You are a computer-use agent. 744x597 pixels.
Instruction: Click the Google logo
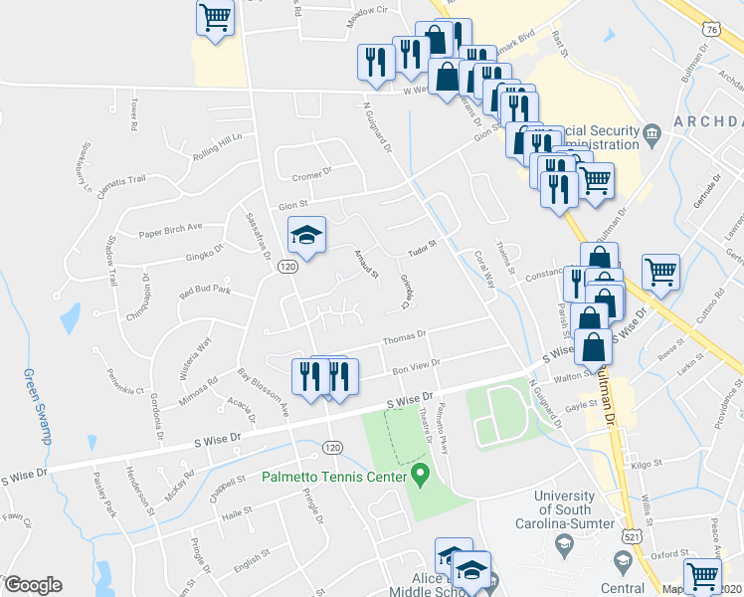point(33,585)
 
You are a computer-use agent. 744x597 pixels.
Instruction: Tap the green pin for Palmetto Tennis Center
point(421,476)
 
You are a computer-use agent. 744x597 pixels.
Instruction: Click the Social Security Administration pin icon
point(651,132)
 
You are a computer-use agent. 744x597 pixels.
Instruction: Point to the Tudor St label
point(422,244)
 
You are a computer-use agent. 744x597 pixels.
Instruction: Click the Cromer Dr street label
point(310,176)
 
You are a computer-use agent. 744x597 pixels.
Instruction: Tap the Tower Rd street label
point(130,113)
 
